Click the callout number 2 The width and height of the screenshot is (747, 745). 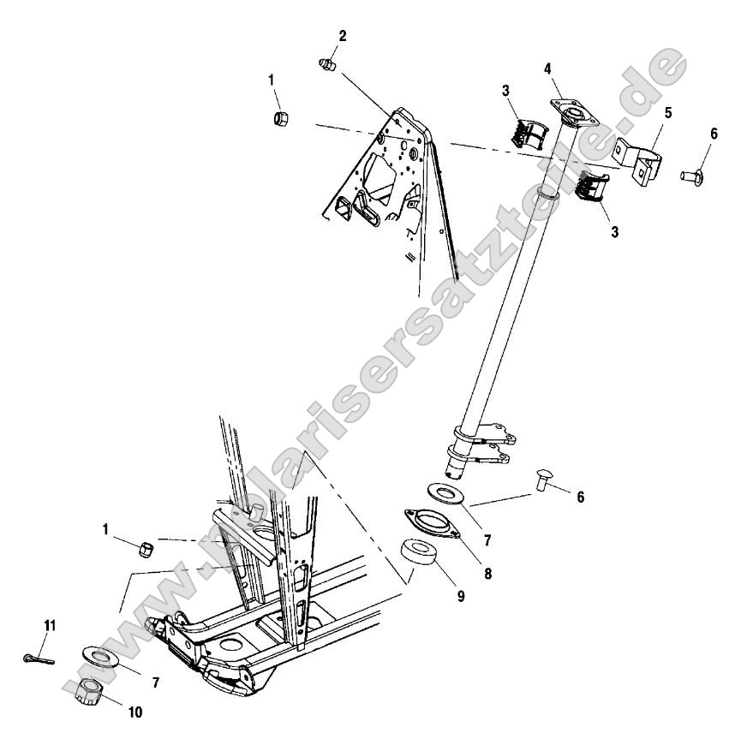pos(343,36)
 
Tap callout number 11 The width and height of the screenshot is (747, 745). pos(50,626)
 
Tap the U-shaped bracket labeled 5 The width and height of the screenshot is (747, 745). pos(639,158)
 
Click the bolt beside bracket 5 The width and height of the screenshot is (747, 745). pos(690,177)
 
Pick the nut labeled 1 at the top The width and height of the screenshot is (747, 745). pos(280,117)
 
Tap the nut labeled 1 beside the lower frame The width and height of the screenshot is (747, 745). pos(146,546)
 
